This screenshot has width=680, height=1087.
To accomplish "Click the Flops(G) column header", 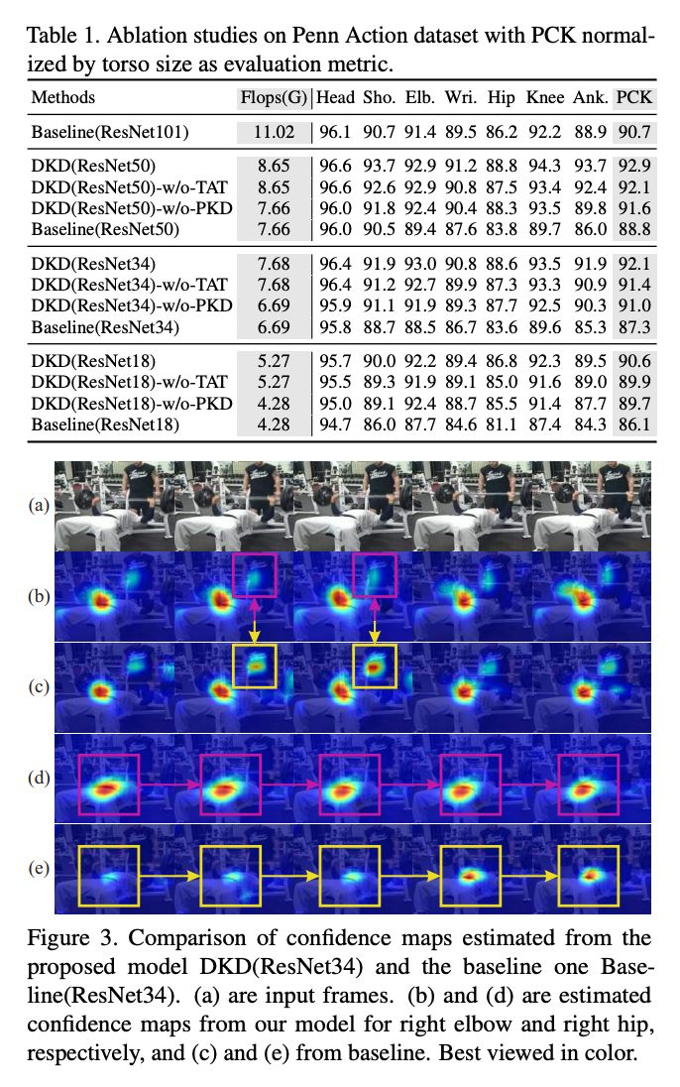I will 274,97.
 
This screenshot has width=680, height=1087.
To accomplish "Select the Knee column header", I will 544,97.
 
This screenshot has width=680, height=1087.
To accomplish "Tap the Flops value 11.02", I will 274,131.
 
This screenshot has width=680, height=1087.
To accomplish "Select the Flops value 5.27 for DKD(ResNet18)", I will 274,362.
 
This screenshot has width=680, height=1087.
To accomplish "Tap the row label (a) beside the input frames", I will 39,505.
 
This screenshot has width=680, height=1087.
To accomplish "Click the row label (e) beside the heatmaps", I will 39,870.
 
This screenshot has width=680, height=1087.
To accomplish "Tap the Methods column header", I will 63,97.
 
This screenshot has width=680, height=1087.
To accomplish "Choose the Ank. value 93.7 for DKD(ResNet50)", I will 590,166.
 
